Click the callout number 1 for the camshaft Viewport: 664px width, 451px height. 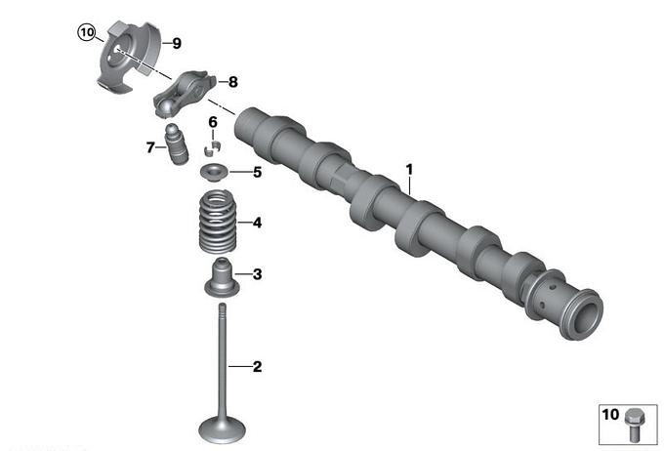[x=409, y=170]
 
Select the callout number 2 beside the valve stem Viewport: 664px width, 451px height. [x=257, y=366]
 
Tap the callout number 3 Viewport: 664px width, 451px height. [x=257, y=274]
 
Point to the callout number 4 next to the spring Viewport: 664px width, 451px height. [x=257, y=223]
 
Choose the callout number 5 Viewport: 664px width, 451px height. [x=257, y=173]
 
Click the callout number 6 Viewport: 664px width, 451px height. [x=213, y=122]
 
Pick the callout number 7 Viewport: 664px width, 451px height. [x=150, y=147]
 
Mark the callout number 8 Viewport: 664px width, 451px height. [x=233, y=82]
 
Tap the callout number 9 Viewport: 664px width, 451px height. [x=177, y=43]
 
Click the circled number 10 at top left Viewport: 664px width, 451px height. [x=86, y=32]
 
